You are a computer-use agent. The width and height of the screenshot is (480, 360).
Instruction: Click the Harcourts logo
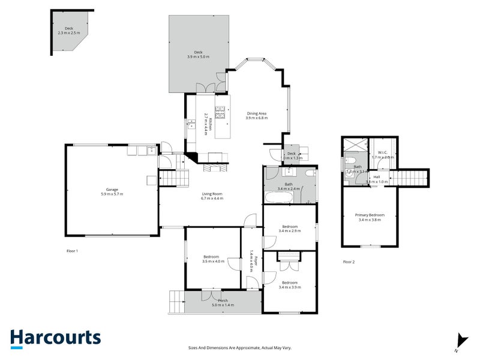tap(55, 338)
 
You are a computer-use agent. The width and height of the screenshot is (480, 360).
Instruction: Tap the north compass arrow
tap(460, 340)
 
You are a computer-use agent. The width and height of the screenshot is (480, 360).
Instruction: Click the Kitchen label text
tap(205, 123)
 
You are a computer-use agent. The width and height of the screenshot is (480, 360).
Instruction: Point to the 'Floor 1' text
tap(73, 250)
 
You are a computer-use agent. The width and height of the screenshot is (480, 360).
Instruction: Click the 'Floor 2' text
tap(349, 262)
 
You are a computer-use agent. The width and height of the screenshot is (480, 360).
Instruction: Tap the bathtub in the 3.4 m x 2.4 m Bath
tap(280, 196)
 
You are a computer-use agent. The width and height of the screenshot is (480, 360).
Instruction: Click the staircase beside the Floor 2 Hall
tap(412, 178)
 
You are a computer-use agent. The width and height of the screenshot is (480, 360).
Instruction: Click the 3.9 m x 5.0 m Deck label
tap(197, 54)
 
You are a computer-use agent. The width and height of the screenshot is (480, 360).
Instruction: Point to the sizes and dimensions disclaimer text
tap(240, 347)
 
